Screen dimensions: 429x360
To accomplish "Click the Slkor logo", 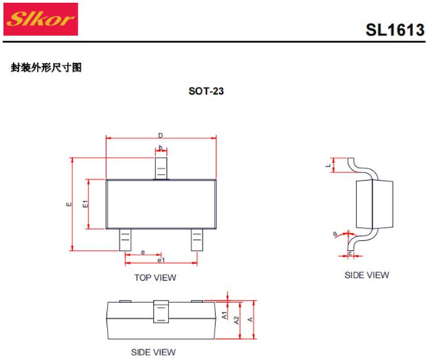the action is [x=41, y=19].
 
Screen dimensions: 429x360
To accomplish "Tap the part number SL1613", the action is [x=395, y=29].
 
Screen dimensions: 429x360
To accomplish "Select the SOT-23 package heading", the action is [x=206, y=91].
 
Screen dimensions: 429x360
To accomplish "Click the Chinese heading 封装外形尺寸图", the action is [x=46, y=68].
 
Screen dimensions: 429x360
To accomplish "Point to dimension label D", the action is [x=161, y=135].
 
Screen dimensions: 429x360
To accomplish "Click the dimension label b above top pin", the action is [x=161, y=148].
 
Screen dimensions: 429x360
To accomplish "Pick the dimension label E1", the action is [x=85, y=204].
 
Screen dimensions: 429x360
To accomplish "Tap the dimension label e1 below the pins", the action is [x=161, y=260].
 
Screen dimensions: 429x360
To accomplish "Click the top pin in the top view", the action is [x=161, y=168].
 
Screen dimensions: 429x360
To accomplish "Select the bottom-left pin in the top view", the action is [x=125, y=240].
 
